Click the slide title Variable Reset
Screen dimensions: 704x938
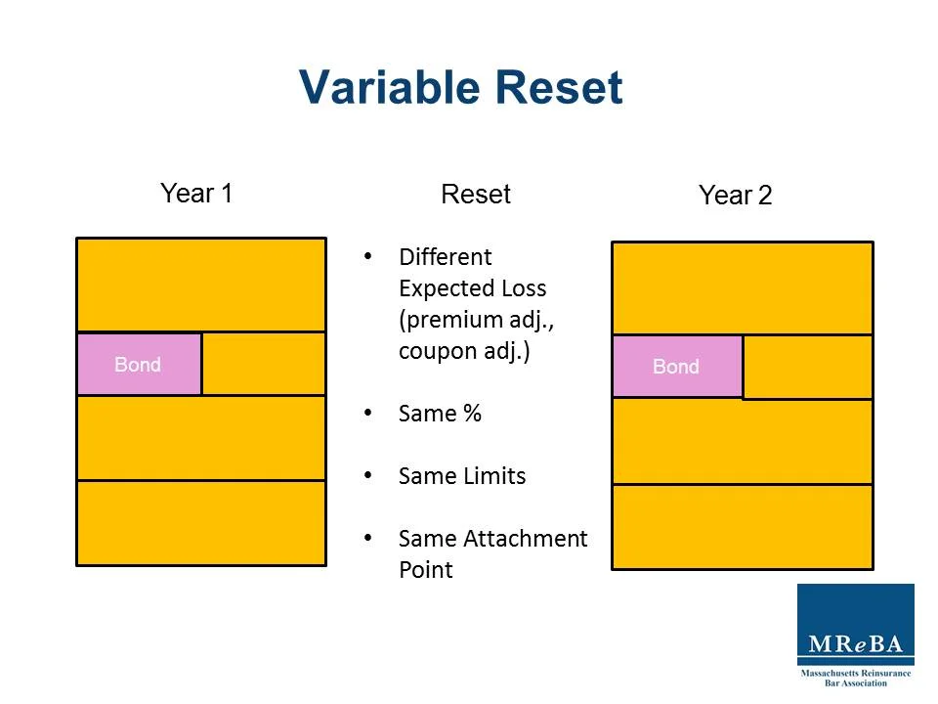pyautogui.click(x=460, y=87)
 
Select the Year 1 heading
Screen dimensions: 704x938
pyautogui.click(x=196, y=193)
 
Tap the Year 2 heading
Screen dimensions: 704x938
pyautogui.click(x=735, y=196)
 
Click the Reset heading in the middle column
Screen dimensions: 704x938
pyautogui.click(x=476, y=194)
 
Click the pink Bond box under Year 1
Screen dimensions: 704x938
pyautogui.click(x=139, y=364)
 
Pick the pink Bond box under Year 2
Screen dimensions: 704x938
pyautogui.click(x=676, y=367)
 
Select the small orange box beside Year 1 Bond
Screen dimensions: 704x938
pyautogui.click(x=264, y=364)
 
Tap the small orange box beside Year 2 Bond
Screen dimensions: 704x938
pyautogui.click(x=807, y=367)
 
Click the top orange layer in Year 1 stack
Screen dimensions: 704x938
pyautogui.click(x=201, y=285)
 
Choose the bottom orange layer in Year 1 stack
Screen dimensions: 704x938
pyautogui.click(x=201, y=522)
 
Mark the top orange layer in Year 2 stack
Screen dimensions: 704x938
pyautogui.click(x=742, y=288)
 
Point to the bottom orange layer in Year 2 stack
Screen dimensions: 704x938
pyautogui.click(x=742, y=526)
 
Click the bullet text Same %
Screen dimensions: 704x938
pyautogui.click(x=440, y=414)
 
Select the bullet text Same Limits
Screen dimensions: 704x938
pyautogui.click(x=462, y=476)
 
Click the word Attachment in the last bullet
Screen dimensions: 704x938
pyautogui.click(x=527, y=539)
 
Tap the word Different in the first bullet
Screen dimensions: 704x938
pyautogui.click(x=445, y=257)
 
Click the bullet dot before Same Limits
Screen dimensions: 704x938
pyautogui.click(x=368, y=475)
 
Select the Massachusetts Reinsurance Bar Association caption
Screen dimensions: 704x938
pyautogui.click(x=855, y=678)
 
